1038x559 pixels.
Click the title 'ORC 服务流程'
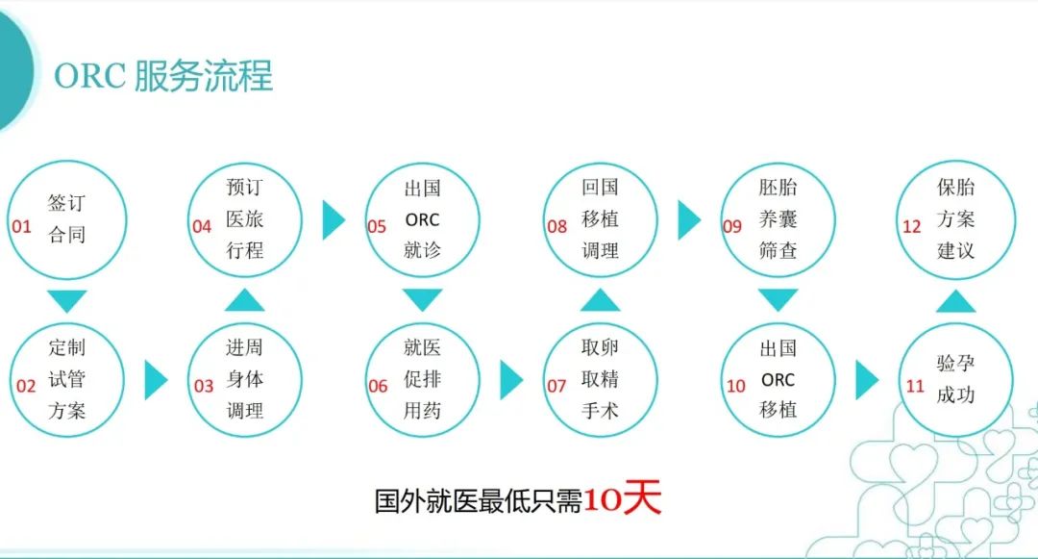click(162, 75)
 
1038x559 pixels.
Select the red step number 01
click(22, 226)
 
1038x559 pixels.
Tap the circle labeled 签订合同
click(67, 163)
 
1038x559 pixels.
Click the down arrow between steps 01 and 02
click(67, 301)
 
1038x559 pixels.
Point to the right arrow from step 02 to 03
click(156, 379)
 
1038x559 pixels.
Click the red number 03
click(203, 386)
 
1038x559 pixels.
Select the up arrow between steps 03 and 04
click(244, 300)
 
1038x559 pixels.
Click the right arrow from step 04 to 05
click(334, 220)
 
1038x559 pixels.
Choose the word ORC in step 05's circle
click(422, 219)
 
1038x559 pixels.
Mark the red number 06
click(378, 386)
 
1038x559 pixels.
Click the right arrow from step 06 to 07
click(511, 379)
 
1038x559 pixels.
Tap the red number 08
click(556, 226)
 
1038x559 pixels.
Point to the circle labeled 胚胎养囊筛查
click(778, 164)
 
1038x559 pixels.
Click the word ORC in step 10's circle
click(778, 379)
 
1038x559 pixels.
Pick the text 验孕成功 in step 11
click(955, 379)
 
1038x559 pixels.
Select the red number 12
click(911, 226)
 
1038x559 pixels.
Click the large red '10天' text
click(622, 498)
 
